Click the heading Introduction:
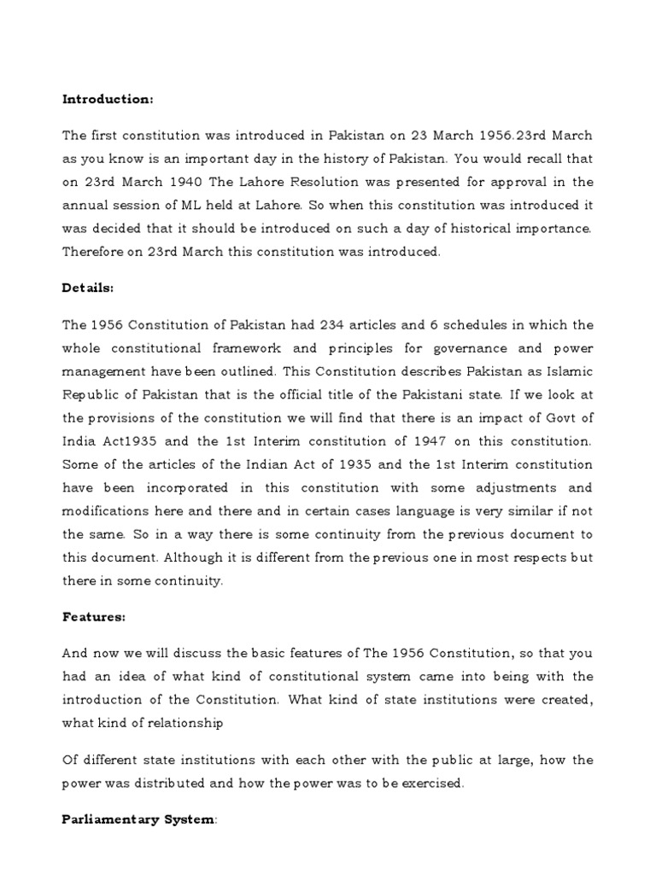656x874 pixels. (108, 100)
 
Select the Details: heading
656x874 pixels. (88, 288)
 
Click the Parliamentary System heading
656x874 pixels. (138, 819)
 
